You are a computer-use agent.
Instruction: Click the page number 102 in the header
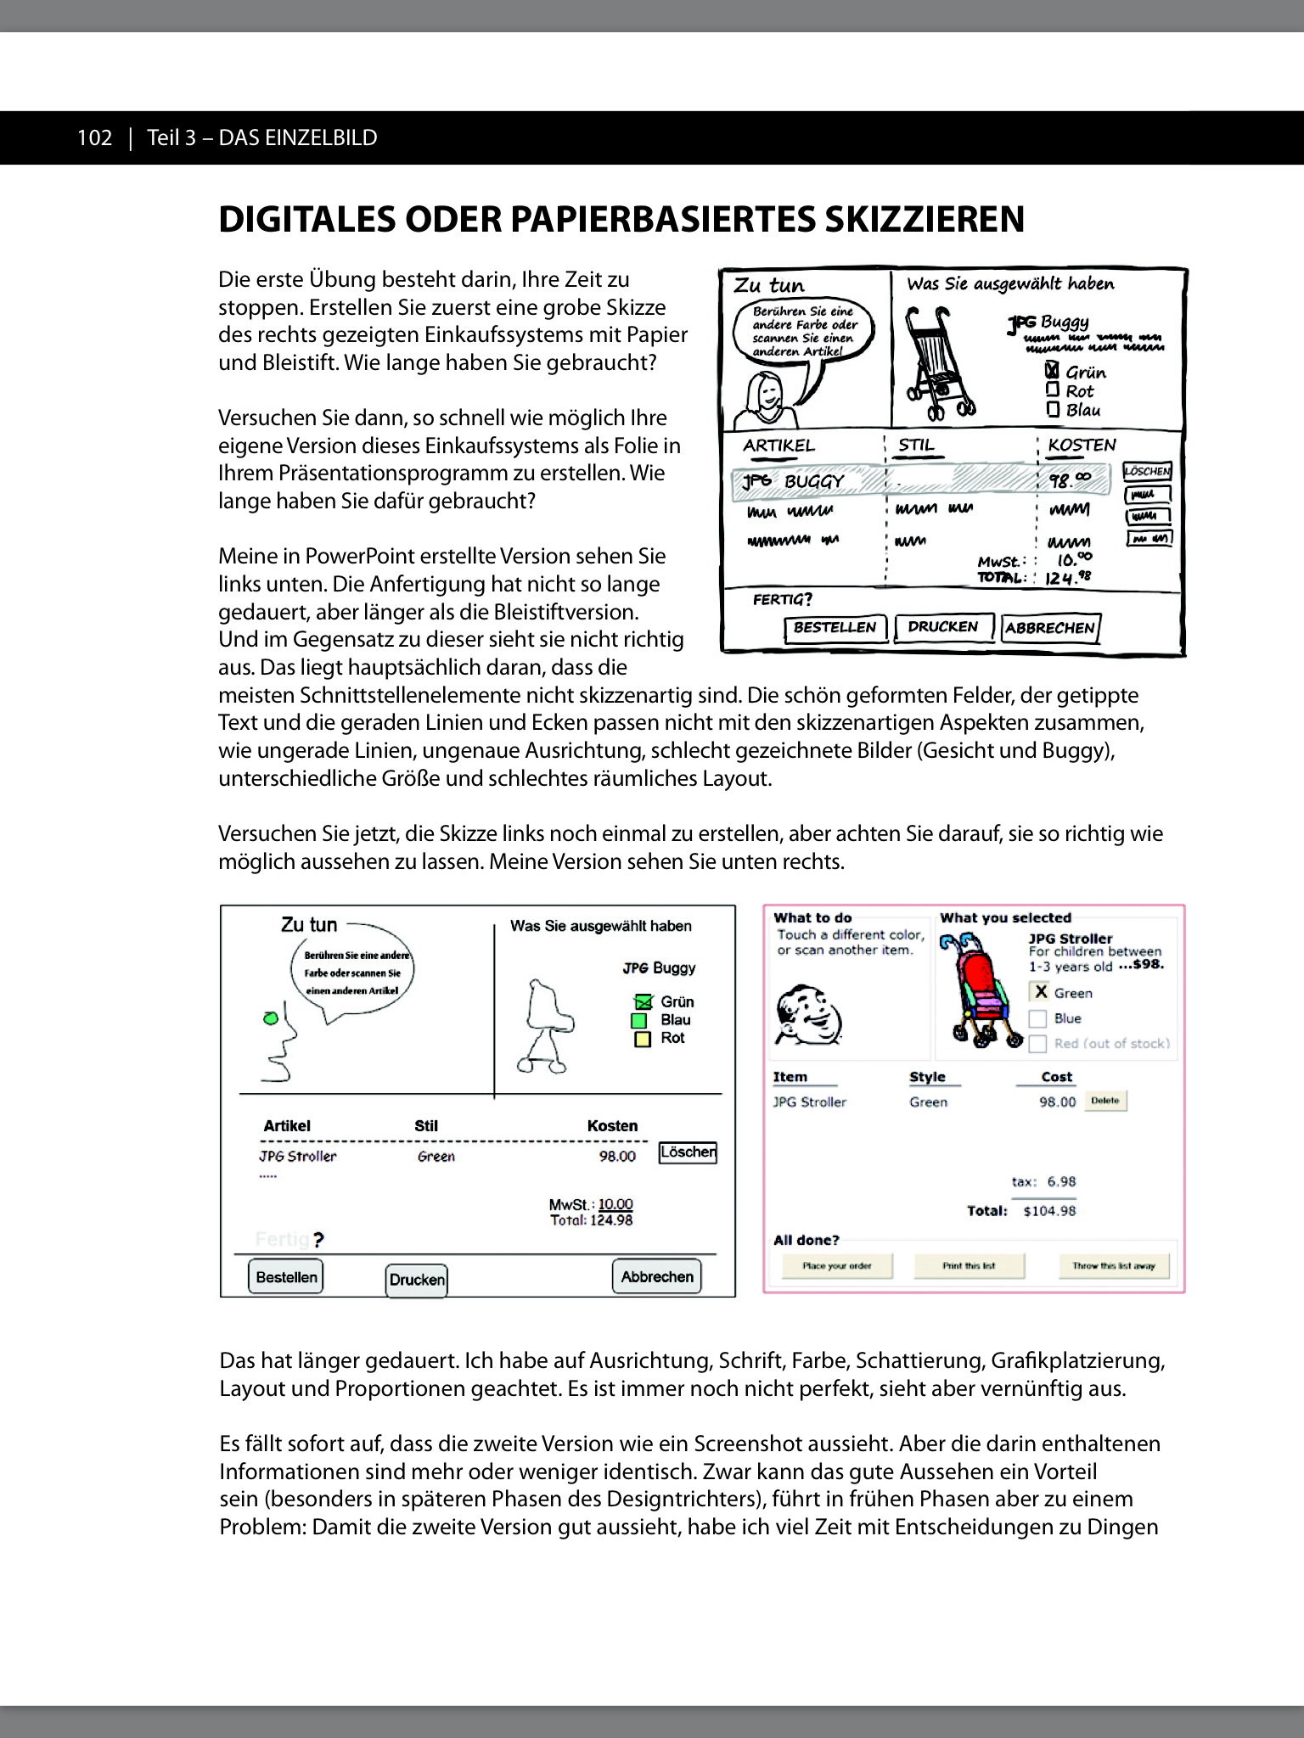point(94,137)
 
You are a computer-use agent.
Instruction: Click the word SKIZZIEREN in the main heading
point(924,219)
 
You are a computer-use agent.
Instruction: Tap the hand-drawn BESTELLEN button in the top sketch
point(835,628)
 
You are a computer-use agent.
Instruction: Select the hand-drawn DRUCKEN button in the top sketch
point(943,627)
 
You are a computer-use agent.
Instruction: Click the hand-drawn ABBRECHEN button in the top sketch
point(1050,628)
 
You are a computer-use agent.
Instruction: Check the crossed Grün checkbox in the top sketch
point(1052,371)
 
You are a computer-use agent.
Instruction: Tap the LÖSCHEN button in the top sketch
point(1147,471)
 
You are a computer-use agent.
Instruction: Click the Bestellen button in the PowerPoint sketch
point(286,1276)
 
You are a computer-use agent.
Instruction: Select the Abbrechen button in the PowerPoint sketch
point(656,1276)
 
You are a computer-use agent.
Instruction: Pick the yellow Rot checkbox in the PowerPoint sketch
point(643,1039)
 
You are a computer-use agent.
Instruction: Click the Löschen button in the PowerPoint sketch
point(688,1152)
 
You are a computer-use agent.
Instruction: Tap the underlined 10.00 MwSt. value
point(615,1204)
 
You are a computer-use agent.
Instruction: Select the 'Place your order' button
point(837,1265)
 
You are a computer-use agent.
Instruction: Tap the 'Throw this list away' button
point(1114,1265)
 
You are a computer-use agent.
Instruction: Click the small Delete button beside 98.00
point(1104,1101)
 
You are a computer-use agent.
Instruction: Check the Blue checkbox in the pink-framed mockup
point(1037,1018)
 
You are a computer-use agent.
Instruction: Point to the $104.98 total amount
point(1049,1211)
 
